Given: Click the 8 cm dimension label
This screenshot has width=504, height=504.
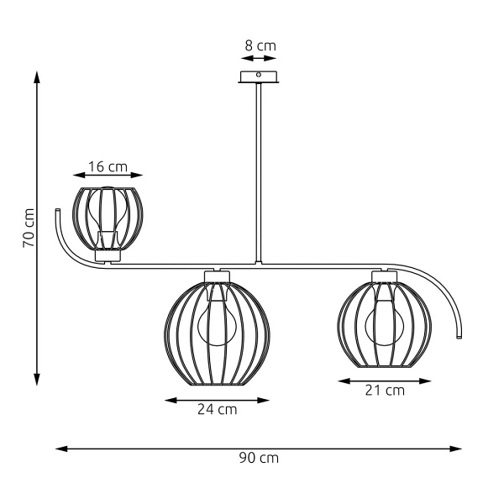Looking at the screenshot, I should pyautogui.click(x=260, y=46).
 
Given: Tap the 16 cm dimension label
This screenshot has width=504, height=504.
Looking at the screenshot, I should pyautogui.click(x=108, y=166).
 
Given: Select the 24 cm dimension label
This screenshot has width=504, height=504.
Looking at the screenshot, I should pyautogui.click(x=217, y=410).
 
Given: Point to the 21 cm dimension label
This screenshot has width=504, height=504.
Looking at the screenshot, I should pyautogui.click(x=385, y=390).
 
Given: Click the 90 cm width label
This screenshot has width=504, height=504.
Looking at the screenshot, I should pyautogui.click(x=260, y=458).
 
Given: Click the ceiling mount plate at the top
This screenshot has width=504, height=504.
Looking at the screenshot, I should pyautogui.click(x=260, y=77).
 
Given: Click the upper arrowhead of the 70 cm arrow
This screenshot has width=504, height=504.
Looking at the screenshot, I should pyautogui.click(x=38, y=77).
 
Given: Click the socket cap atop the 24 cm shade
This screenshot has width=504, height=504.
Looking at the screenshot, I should pyautogui.click(x=217, y=276).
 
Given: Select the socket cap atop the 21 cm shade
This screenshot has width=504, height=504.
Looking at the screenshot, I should pyautogui.click(x=384, y=276).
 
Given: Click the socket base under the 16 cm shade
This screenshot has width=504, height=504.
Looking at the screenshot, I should pyautogui.click(x=108, y=254).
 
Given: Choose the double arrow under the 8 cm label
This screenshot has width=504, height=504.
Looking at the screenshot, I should pyautogui.click(x=260, y=60).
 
